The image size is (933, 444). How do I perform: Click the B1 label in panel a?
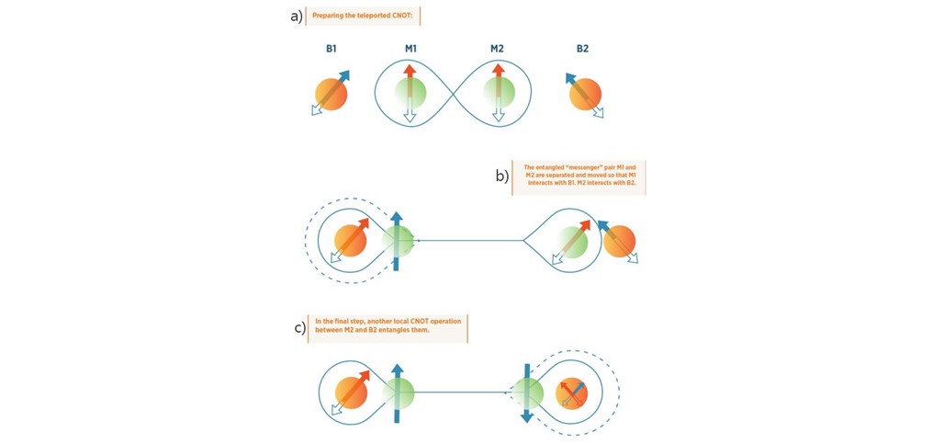(x=331, y=49)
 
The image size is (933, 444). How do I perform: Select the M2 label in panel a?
(x=497, y=49)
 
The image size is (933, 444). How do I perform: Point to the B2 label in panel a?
(x=582, y=49)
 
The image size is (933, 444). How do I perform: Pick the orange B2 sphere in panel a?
(x=585, y=95)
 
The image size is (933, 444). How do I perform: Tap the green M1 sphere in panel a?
(x=410, y=93)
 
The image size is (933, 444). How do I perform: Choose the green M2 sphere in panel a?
(x=498, y=93)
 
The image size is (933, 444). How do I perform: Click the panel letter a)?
(x=296, y=17)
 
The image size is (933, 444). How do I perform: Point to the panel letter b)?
(x=501, y=176)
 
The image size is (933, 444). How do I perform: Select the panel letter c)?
(x=299, y=328)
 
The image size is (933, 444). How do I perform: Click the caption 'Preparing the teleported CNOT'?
(x=365, y=17)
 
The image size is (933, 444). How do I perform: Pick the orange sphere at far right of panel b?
(x=619, y=242)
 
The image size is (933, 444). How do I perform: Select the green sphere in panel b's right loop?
(x=574, y=242)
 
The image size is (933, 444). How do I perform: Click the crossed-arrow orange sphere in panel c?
(x=572, y=393)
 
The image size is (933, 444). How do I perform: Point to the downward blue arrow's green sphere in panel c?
(x=528, y=393)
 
